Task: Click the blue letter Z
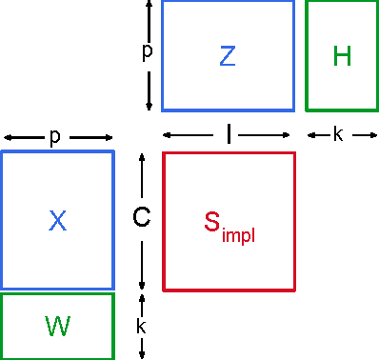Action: [227, 56]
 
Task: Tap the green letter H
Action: [342, 56]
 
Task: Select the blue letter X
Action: [57, 221]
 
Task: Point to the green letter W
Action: [57, 326]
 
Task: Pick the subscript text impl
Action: [238, 232]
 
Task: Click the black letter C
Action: [141, 218]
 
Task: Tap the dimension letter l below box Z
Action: [229, 135]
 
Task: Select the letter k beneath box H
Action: [338, 135]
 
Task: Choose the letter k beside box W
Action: [142, 326]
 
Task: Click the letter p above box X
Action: [55, 137]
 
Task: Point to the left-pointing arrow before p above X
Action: [21, 137]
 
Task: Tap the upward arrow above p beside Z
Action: [148, 19]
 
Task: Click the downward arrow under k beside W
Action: [142, 349]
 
